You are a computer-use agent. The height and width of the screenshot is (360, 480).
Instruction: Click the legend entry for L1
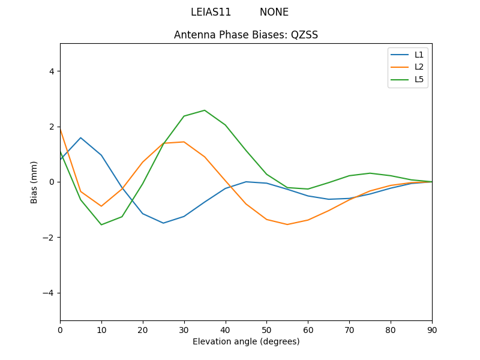pyautogui.click(x=419, y=55)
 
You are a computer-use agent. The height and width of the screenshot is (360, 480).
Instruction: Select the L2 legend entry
pyautogui.click(x=419, y=67)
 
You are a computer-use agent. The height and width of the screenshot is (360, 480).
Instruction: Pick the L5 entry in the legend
pyautogui.click(x=419, y=79)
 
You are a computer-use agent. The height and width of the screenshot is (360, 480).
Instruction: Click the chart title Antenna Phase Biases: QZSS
pyautogui.click(x=246, y=35)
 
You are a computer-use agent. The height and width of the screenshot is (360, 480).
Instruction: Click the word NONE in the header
pyautogui.click(x=274, y=12)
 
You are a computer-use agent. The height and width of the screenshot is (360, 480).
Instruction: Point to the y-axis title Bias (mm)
pyautogui.click(x=34, y=182)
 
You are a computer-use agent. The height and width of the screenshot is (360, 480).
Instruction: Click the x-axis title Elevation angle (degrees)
pyautogui.click(x=246, y=341)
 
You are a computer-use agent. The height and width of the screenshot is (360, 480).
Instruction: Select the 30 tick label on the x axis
pyautogui.click(x=184, y=329)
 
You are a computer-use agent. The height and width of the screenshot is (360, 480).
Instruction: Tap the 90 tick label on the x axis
pyautogui.click(x=432, y=329)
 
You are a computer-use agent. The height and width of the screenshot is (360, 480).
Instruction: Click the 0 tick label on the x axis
pyautogui.click(x=60, y=329)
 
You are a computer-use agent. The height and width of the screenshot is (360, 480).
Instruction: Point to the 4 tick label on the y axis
pyautogui.click(x=51, y=71)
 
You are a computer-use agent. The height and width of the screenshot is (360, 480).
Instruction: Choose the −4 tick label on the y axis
pyautogui.click(x=49, y=293)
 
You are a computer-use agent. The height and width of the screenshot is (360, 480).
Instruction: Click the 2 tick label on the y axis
pyautogui.click(x=51, y=127)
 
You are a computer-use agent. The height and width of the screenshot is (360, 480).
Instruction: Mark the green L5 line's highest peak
pyautogui.click(x=205, y=110)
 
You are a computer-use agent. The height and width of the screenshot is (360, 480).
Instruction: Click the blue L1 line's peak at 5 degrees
pyautogui.click(x=80, y=138)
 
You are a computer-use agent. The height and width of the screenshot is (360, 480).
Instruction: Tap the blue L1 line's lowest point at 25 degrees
pyautogui.click(x=163, y=223)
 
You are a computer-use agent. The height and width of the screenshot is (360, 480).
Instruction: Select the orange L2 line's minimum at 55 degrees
pyautogui.click(x=287, y=224)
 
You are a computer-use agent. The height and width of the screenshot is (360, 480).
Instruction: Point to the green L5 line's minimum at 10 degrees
pyautogui.click(x=101, y=224)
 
